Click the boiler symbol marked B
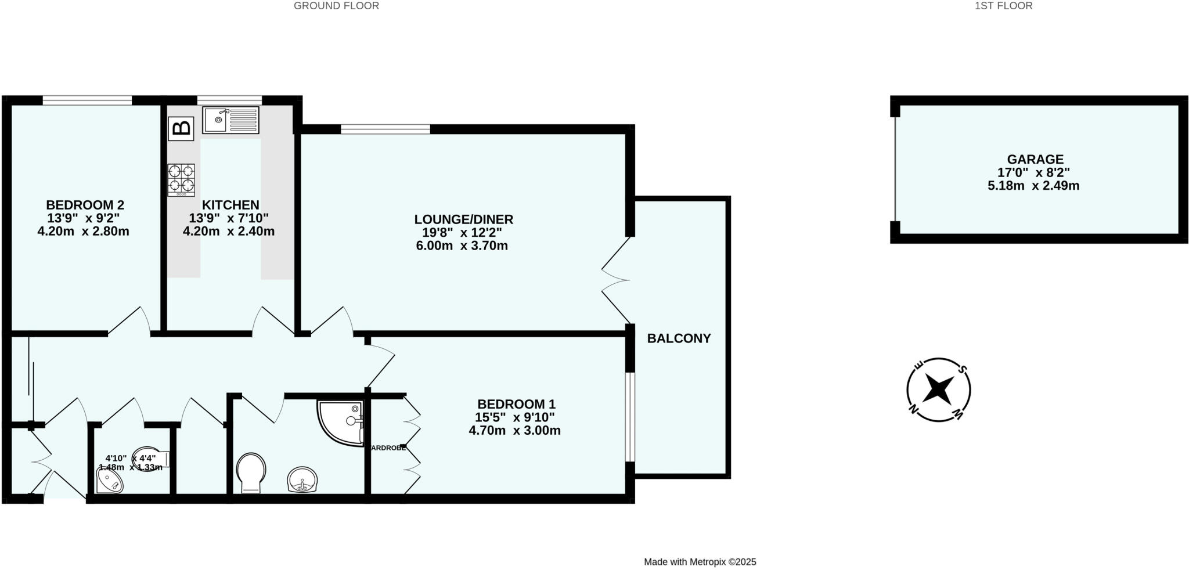181,128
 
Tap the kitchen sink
230,120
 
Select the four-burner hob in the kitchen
181,179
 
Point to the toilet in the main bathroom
251,472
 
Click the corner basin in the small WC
109,481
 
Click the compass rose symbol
938,389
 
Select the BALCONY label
679,338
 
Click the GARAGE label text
1035,159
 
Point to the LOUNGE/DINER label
463,219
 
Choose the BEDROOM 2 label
85,205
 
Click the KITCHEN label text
230,205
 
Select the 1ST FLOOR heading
1011,6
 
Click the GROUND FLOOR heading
336,6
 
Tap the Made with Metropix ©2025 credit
700,562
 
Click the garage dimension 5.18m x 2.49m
1033,186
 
